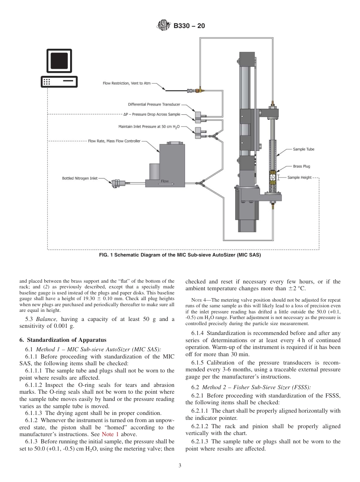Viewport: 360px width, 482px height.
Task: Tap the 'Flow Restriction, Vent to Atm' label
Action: [127, 83]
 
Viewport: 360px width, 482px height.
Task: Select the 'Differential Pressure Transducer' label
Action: [154, 105]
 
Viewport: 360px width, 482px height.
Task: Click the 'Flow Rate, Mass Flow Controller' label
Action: [114, 141]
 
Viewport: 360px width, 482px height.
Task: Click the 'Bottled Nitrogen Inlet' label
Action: [80, 178]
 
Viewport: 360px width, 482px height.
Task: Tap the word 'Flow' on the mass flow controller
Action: [165, 181]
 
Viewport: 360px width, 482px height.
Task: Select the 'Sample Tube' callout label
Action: [303, 149]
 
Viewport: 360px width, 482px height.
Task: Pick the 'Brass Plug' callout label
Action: [301, 166]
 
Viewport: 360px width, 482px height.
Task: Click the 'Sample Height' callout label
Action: [299, 177]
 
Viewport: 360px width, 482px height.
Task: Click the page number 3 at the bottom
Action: [180, 466]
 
